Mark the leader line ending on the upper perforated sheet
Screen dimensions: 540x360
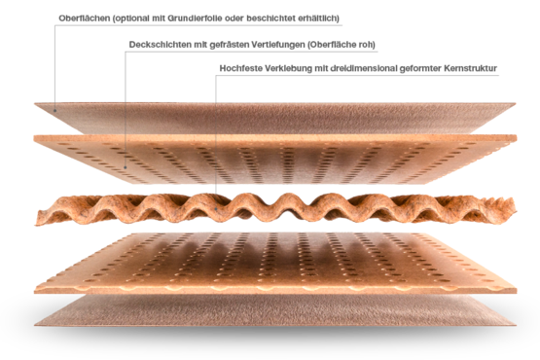click(126, 107)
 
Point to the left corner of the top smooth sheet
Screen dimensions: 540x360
click(35, 104)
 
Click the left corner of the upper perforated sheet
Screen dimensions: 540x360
click(35, 137)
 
